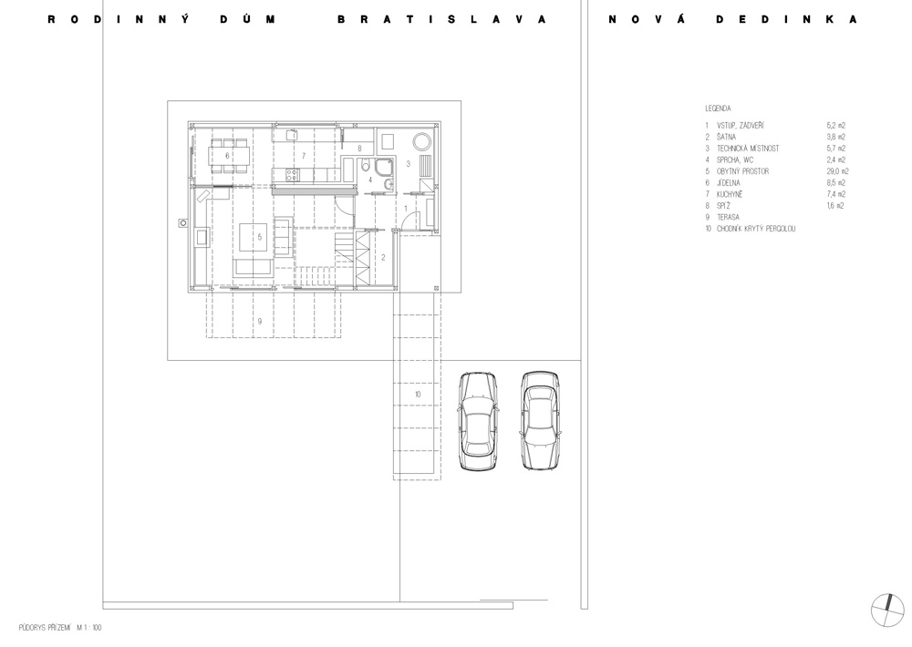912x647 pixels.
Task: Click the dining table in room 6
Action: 229,156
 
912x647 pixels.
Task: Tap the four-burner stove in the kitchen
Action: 291,174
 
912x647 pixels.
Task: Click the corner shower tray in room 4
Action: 385,166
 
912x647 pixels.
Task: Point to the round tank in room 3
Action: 422,142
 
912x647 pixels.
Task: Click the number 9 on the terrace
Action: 259,321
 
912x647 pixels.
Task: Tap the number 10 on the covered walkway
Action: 418,395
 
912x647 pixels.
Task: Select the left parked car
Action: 479,421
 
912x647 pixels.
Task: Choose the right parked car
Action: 540,420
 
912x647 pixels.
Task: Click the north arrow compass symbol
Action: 888,611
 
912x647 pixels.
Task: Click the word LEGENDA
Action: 718,108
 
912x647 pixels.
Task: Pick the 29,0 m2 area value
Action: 837,171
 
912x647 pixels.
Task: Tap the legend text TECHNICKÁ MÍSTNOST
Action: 748,149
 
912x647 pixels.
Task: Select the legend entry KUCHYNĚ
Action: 730,194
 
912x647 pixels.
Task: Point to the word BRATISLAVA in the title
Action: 442,19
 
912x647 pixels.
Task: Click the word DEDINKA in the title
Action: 786,19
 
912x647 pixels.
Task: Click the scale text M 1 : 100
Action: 89,628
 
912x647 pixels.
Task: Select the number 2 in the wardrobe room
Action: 383,257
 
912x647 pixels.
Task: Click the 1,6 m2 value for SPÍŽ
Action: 835,206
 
